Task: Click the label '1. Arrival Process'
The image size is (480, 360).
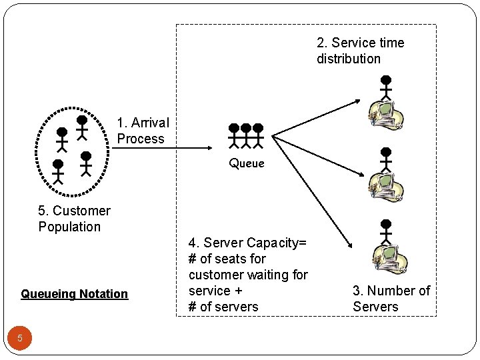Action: [x=143, y=131]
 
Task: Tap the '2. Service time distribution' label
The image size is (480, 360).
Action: [x=360, y=51]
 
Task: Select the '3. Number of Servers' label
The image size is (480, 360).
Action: [x=391, y=299]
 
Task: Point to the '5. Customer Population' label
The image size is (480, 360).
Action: [x=74, y=219]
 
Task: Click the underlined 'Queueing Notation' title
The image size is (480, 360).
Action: [x=74, y=294]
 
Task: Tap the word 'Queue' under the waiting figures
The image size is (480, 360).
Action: [x=246, y=163]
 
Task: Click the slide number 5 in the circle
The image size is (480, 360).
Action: [x=20, y=338]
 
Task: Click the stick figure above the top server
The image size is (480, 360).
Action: [x=385, y=87]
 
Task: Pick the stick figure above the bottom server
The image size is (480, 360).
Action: [x=385, y=231]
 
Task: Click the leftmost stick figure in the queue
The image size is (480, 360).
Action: [x=233, y=135]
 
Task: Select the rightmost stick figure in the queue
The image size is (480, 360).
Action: [x=258, y=135]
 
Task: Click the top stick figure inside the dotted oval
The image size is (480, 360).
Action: [x=81, y=127]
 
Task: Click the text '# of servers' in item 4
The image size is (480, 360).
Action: [x=223, y=307]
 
